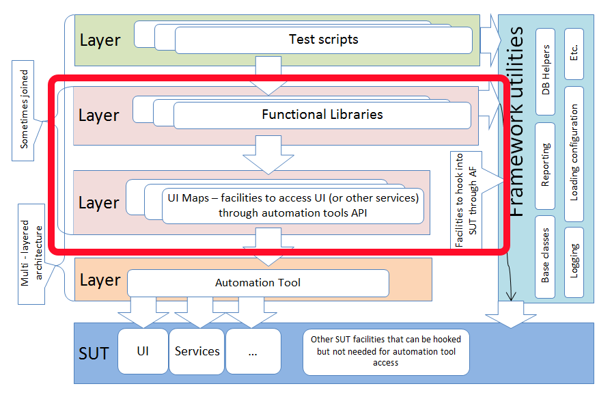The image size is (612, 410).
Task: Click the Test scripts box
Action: point(323,40)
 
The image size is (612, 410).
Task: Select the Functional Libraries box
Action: point(322,115)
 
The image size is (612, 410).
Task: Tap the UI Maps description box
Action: point(292,205)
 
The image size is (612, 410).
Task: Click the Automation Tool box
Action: point(258,282)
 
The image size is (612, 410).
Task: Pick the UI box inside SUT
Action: point(143,351)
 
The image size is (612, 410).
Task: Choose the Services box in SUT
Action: point(197,351)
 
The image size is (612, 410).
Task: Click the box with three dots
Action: point(253,351)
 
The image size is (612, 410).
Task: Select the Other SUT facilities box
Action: point(386,351)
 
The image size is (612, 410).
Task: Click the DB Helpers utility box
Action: point(546,71)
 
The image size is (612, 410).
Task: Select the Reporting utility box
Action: point(546,165)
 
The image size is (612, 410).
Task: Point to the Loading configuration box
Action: point(574,153)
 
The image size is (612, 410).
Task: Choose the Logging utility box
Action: point(574,260)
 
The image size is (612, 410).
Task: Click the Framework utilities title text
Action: point(517,122)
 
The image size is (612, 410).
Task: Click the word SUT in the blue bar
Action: point(94,353)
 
